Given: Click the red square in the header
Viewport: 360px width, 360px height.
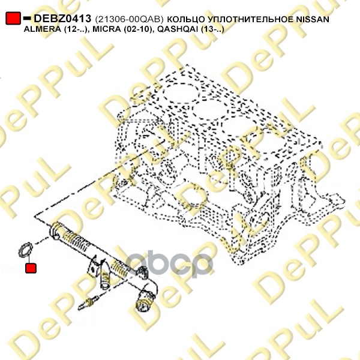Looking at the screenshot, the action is (13, 18).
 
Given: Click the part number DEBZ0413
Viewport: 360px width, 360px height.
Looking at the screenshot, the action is (62, 19).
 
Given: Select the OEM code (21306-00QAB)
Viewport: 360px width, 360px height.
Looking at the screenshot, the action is (130, 19).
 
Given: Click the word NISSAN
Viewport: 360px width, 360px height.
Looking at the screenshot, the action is (313, 19).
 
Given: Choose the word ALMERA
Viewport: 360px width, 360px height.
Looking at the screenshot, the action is (42, 29).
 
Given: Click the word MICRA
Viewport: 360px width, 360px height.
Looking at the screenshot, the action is (107, 29).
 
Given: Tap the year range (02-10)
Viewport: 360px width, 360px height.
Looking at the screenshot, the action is (139, 29).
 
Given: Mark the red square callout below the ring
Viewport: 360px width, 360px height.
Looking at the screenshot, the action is (31, 268).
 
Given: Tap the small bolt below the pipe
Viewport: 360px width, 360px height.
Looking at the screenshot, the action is (89, 302).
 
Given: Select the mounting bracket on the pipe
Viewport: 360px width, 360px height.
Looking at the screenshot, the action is (97, 271).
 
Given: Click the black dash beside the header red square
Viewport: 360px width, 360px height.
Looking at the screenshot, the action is (27, 17).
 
